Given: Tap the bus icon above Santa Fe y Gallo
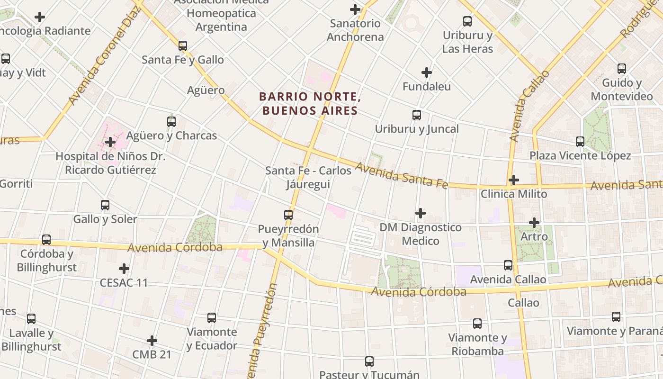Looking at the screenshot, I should (183, 46).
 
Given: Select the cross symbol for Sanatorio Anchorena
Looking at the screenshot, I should (355, 9).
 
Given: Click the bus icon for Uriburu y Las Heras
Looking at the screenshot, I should (467, 21).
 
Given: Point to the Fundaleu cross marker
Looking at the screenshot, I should (427, 72).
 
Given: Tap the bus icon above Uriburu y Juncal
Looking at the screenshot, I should (417, 115).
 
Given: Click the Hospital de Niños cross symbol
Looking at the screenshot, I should (110, 142).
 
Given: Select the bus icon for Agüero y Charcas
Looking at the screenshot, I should (171, 122).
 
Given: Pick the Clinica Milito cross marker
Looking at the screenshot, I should (514, 180).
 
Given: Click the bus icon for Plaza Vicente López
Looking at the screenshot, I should (580, 142).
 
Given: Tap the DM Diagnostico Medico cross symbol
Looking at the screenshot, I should (420, 213).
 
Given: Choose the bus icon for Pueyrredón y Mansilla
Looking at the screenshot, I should (288, 215).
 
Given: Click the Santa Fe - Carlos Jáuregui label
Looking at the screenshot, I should (308, 177).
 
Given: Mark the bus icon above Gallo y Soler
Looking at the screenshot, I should (105, 205).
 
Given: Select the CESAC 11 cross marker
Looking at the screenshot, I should (124, 269).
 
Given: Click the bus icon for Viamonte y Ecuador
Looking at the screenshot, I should (212, 318).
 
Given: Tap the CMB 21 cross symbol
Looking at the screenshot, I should (152, 341).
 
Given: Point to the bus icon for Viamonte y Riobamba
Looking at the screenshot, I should (477, 324).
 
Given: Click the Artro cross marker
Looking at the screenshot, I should (534, 222).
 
